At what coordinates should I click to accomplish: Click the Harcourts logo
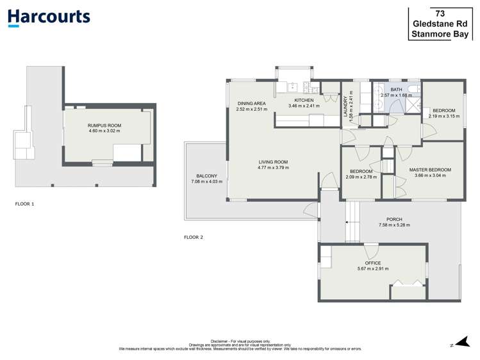[x=49, y=17]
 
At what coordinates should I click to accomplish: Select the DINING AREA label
[x=251, y=103]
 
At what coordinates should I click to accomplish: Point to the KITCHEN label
[x=304, y=101]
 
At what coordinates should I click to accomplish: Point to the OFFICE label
[x=372, y=263]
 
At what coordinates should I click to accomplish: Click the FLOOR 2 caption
[x=193, y=238]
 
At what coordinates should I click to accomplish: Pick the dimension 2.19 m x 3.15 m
[x=444, y=117]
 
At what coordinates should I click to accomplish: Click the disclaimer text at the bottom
[x=240, y=345]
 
